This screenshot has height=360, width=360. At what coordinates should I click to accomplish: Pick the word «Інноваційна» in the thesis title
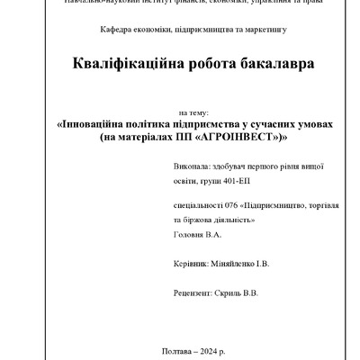pos(98,126)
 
